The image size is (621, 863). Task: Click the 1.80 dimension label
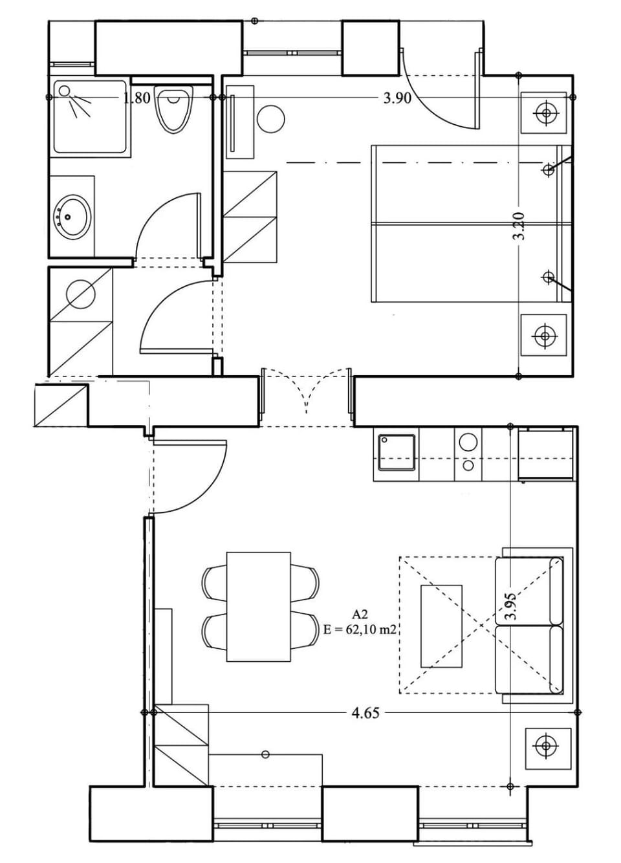(136, 98)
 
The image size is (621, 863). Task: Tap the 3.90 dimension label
(397, 98)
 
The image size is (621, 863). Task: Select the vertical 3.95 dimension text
(511, 606)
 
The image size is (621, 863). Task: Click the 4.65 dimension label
(365, 713)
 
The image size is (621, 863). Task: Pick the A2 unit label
(360, 614)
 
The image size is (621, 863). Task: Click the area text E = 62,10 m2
(360, 629)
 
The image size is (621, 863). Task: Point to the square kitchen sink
(396, 452)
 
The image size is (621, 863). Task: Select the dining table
(258, 606)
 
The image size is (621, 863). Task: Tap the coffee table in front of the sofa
(441, 626)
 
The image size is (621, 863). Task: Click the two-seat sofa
(529, 625)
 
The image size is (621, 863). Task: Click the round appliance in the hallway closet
(81, 294)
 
